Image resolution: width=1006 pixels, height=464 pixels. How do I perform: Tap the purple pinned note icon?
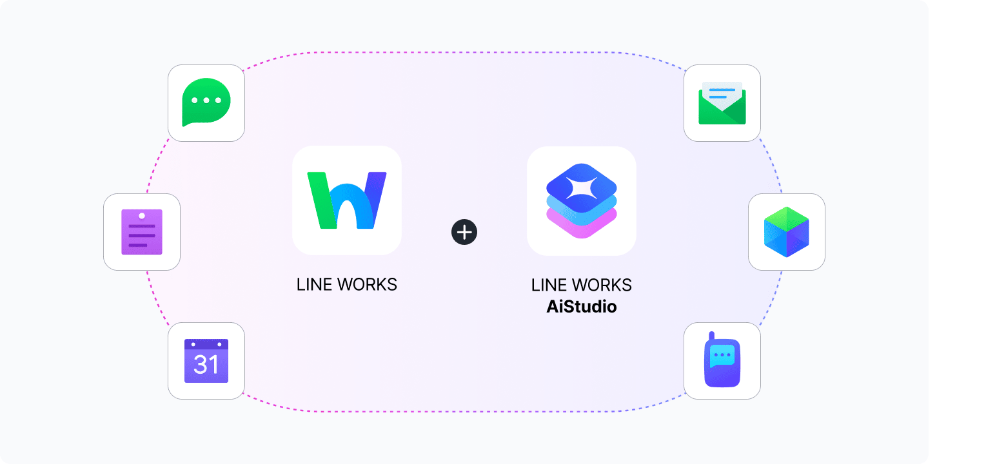click(142, 232)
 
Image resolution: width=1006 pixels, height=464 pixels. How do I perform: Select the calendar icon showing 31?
click(206, 361)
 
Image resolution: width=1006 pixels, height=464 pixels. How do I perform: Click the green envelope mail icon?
click(722, 103)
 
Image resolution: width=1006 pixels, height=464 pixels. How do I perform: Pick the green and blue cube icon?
click(787, 232)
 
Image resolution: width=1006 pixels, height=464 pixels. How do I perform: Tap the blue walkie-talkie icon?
click(722, 361)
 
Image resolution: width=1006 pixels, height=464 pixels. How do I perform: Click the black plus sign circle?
click(464, 232)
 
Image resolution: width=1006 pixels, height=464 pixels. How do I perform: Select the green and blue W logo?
click(347, 200)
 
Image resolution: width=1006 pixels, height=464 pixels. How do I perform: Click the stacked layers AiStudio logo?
click(582, 200)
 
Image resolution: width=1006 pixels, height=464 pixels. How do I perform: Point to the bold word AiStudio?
click(582, 307)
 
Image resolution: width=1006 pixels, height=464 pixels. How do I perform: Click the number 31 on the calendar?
click(206, 365)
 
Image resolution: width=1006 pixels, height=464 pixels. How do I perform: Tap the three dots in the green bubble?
click(206, 101)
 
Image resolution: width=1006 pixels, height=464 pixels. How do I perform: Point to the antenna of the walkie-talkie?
click(712, 336)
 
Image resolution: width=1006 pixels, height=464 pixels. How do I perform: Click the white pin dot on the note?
click(142, 215)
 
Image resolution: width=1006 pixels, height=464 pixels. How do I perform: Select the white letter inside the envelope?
click(722, 94)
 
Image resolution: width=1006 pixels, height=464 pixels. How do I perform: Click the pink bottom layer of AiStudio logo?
click(582, 227)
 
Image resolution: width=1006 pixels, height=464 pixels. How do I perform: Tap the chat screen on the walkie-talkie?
click(722, 356)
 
